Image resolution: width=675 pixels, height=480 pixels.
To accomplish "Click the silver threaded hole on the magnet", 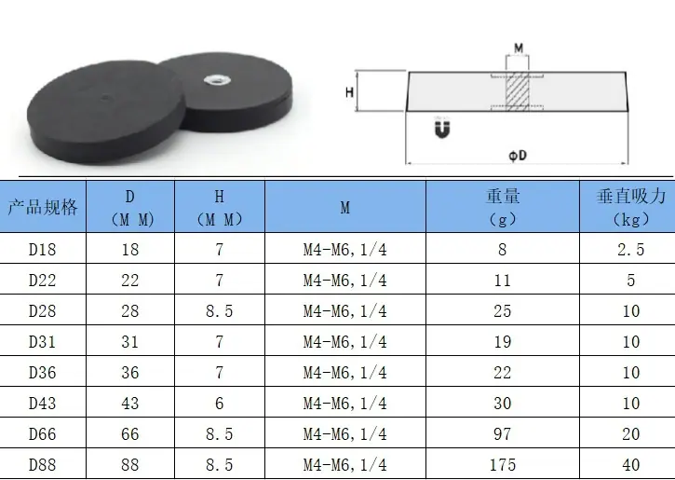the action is tap(212, 80).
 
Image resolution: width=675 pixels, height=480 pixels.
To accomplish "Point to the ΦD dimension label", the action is tap(518, 155).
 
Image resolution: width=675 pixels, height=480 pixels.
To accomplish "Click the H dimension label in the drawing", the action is tap(349, 91).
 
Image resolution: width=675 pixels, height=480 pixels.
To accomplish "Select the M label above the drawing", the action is tap(519, 48).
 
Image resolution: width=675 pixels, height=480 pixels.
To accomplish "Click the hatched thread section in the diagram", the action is tap(517, 91).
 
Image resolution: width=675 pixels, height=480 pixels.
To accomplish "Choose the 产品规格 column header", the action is tap(43, 207).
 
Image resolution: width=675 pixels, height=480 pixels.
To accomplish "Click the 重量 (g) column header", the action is tap(503, 207).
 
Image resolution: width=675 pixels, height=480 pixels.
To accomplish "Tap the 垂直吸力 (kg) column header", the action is tap(631, 207).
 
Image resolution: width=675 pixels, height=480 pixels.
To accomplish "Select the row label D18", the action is tap(42, 250).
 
